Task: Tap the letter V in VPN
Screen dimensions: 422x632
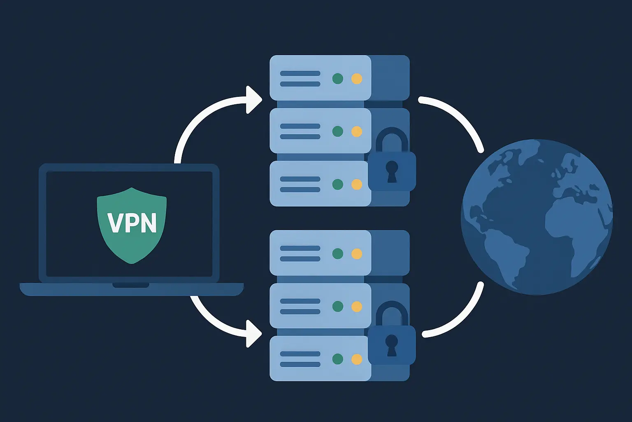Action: pyautogui.click(x=115, y=223)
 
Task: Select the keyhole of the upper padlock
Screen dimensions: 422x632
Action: pyautogui.click(x=392, y=170)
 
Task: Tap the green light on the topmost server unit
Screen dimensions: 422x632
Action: pyautogui.click(x=338, y=78)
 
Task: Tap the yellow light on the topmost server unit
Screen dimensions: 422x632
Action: pyautogui.click(x=357, y=78)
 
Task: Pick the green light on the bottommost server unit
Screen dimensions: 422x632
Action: pyautogui.click(x=338, y=359)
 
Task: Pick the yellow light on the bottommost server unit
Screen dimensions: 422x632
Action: pyautogui.click(x=357, y=359)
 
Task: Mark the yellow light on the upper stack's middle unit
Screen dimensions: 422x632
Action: pyautogui.click(x=357, y=131)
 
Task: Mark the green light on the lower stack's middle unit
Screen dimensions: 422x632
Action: pyautogui.click(x=338, y=306)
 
